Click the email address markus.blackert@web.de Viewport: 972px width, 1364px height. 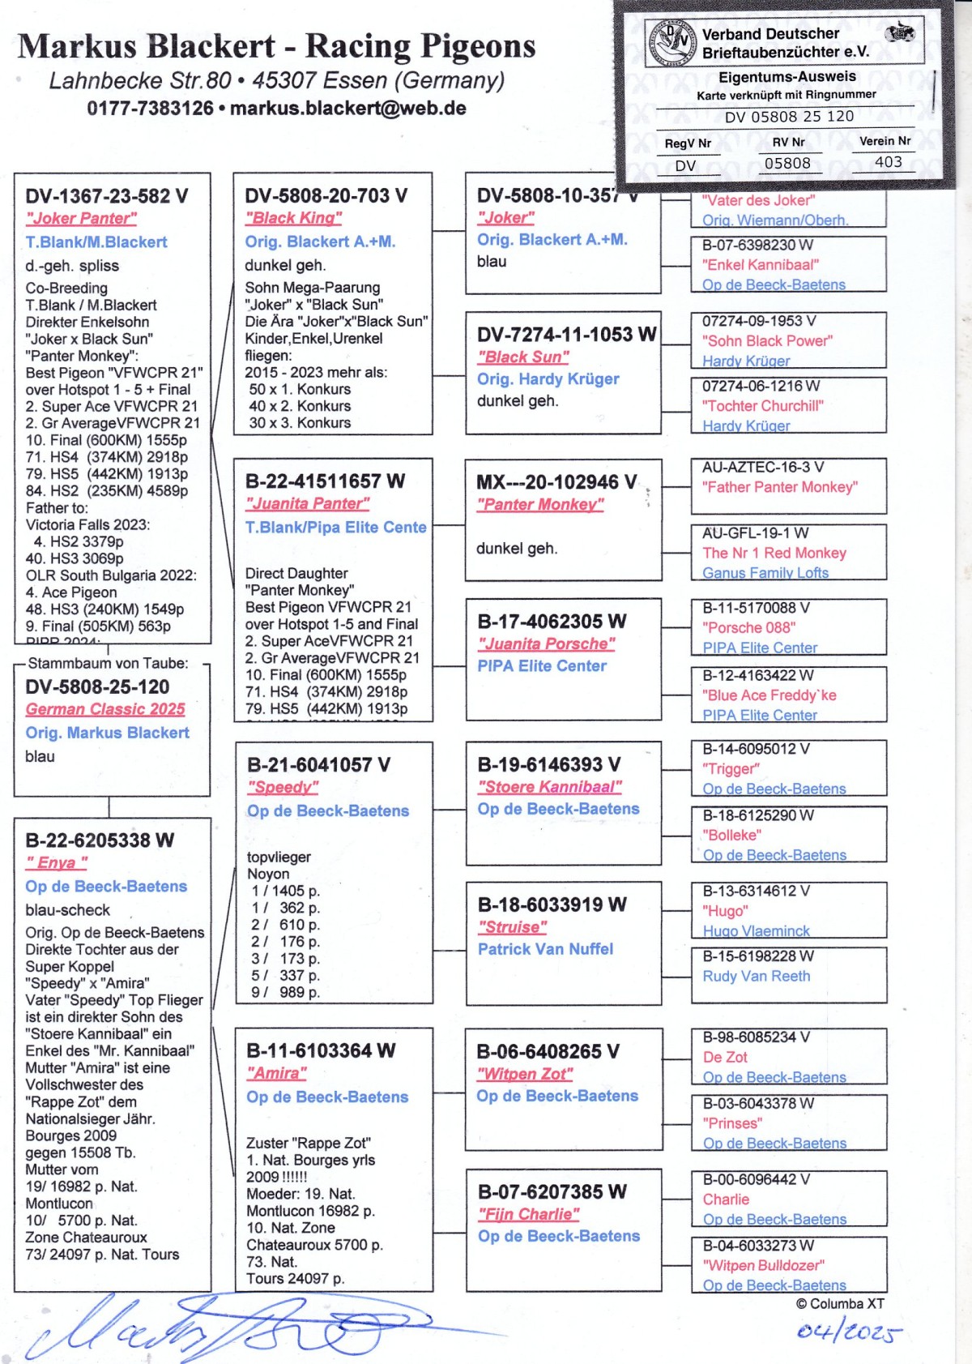(347, 109)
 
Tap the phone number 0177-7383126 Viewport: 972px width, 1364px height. (150, 109)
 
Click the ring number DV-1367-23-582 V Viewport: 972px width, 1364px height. (106, 196)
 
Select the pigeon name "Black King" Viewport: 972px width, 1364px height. (293, 218)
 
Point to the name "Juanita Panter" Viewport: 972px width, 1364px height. (307, 503)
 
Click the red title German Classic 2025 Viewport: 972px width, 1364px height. (105, 709)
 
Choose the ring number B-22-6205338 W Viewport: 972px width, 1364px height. (100, 840)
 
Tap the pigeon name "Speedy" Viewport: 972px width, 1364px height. (283, 787)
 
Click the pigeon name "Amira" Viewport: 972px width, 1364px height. (276, 1073)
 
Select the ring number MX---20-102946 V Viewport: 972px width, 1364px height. (556, 482)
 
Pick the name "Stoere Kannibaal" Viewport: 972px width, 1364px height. (549, 787)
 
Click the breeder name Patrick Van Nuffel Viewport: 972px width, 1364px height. (545, 949)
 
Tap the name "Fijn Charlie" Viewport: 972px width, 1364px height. (528, 1214)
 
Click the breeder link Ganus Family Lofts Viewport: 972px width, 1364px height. (765, 573)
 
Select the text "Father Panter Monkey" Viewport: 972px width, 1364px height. (779, 487)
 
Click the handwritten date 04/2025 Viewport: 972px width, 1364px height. (848, 1332)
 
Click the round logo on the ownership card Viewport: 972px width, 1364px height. (671, 43)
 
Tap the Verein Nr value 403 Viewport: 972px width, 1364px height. (888, 162)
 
